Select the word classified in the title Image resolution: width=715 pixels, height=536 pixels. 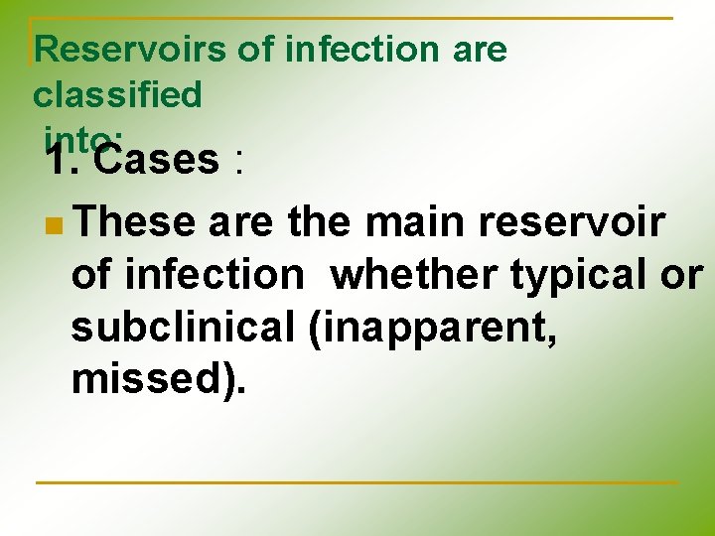coord(117,95)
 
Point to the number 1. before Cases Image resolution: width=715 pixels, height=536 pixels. coord(64,159)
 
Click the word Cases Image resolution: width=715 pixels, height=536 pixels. coord(159,159)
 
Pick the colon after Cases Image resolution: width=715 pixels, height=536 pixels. coord(236,161)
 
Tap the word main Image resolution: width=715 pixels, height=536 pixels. coord(416,223)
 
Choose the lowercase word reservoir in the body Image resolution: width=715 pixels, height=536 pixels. coord(571,223)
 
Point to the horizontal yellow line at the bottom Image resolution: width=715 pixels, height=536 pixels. coord(357,483)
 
